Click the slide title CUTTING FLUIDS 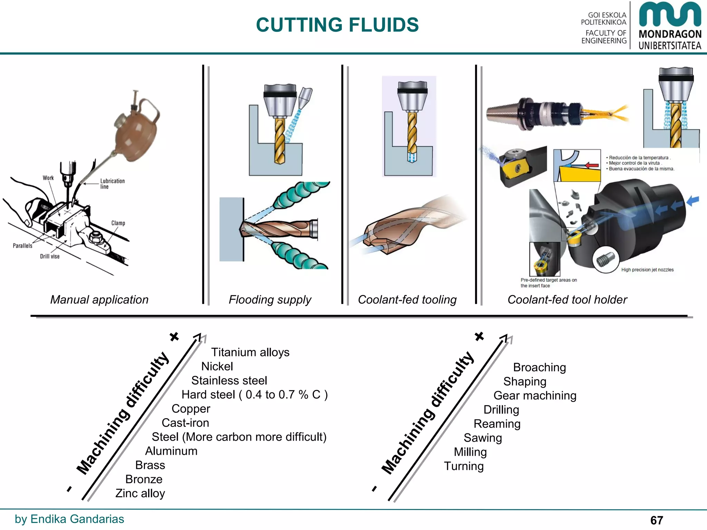click(337, 25)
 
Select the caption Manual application click(99, 300)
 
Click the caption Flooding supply click(270, 300)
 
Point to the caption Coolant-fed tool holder click(567, 300)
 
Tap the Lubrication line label click(112, 184)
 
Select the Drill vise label click(50, 256)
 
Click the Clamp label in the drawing click(118, 223)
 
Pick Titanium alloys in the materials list click(250, 352)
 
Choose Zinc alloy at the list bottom click(140, 493)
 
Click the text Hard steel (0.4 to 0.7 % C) click(255, 395)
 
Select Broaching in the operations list click(539, 367)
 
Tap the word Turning click(464, 466)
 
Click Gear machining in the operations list click(535, 396)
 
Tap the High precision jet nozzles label click(647, 270)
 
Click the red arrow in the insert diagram click(591, 165)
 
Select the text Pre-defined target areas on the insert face click(548, 283)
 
